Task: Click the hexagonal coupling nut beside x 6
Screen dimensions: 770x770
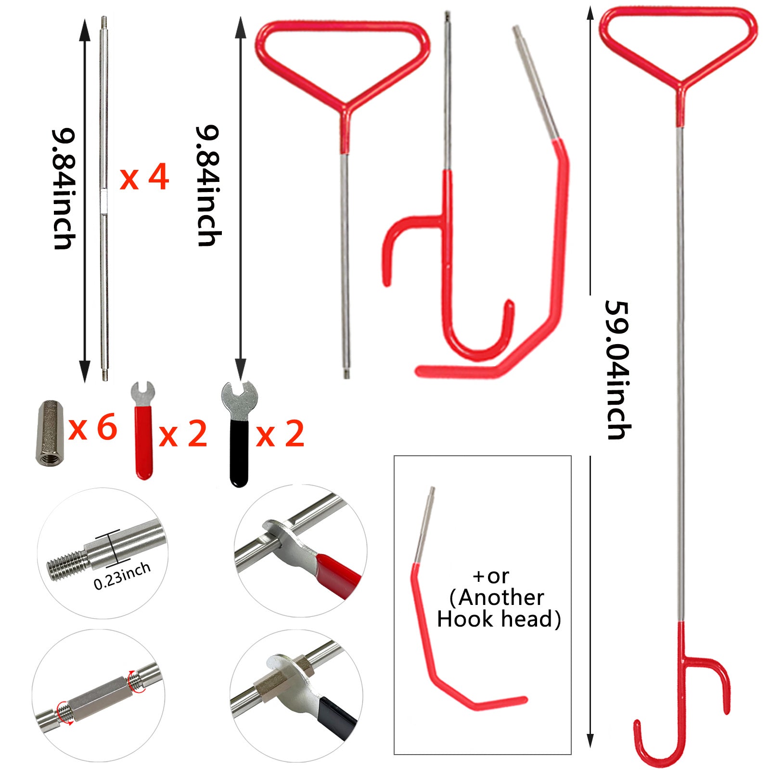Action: (x=50, y=432)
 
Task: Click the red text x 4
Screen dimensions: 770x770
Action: (x=144, y=178)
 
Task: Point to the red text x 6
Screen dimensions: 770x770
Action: (x=93, y=427)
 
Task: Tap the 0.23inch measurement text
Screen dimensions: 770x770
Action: (x=122, y=576)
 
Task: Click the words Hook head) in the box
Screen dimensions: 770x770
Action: (x=499, y=619)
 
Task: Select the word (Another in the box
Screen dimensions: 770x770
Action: (x=497, y=598)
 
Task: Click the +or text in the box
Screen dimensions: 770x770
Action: (x=491, y=576)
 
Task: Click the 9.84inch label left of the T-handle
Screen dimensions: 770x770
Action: (x=209, y=186)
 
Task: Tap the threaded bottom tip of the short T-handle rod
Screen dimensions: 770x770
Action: (x=346, y=374)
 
